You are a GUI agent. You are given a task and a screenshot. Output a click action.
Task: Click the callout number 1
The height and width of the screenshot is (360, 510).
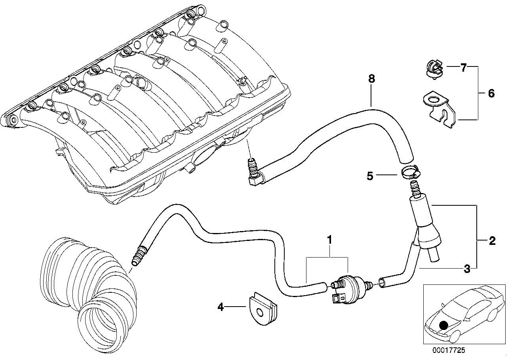coord(328,240)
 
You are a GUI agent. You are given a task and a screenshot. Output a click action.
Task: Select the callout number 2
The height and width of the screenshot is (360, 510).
coord(492,241)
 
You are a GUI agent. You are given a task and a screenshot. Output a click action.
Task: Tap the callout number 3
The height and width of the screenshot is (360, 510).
coord(467,269)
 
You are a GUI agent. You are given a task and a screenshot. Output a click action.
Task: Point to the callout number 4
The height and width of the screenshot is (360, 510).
coord(221,306)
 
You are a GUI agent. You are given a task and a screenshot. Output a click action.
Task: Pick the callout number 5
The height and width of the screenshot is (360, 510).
coord(370,176)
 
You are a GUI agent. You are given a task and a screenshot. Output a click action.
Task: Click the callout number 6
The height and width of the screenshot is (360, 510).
coord(491,94)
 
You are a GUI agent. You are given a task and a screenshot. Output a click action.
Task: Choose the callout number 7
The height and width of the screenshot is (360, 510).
coord(464,68)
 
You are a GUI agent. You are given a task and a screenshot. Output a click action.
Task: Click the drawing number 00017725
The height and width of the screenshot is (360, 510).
coord(449,350)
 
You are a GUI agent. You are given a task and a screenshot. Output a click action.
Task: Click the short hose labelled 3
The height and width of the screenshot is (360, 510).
coord(400,273)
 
